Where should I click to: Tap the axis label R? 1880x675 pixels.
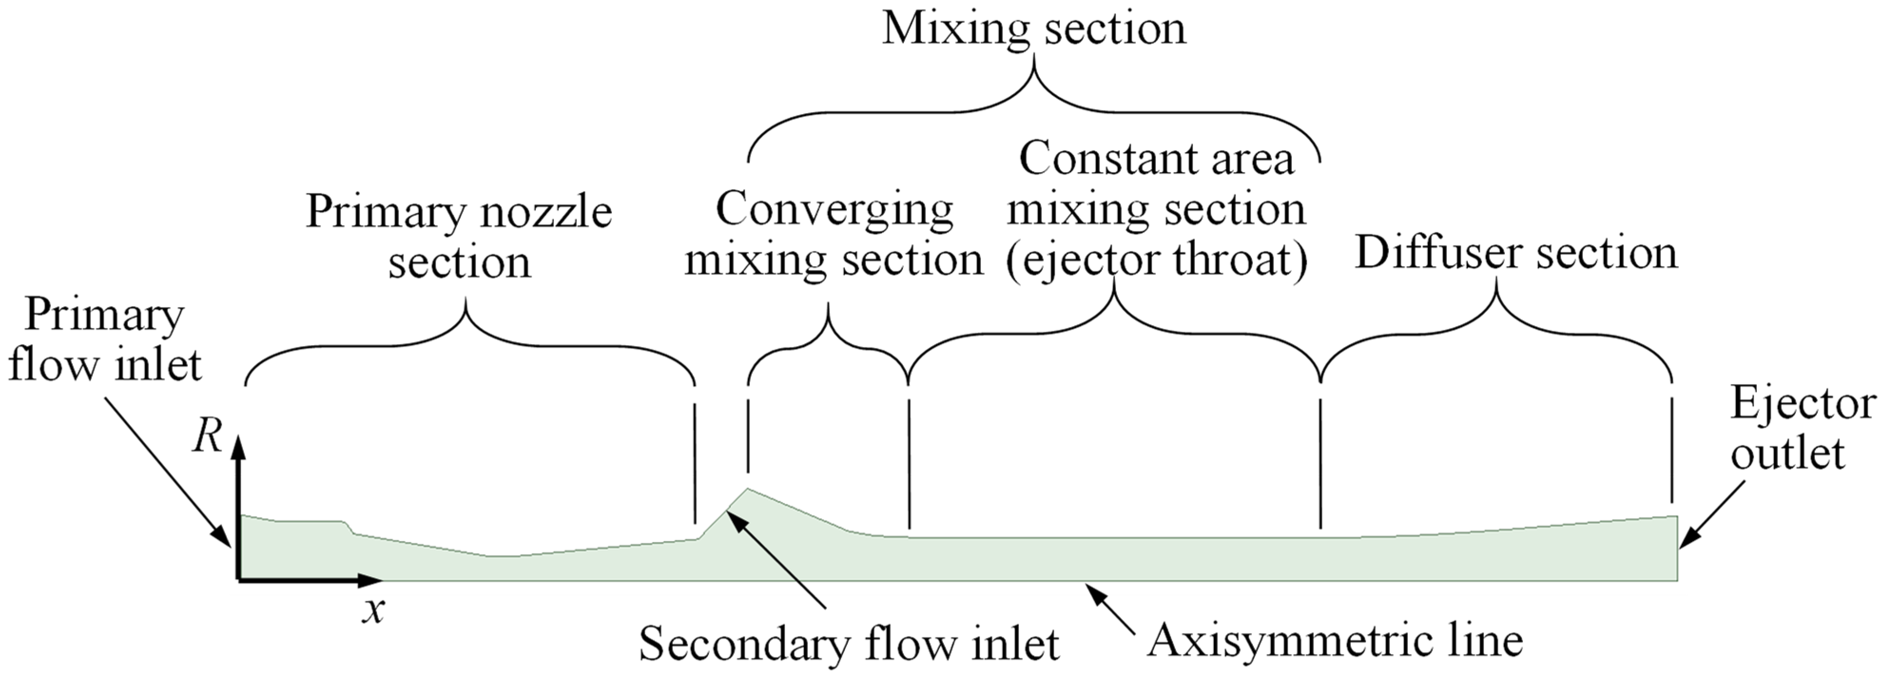tap(207, 438)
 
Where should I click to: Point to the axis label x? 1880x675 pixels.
tap(373, 610)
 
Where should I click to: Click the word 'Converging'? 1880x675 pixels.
tap(834, 210)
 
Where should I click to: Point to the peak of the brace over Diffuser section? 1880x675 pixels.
tap(1496, 281)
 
